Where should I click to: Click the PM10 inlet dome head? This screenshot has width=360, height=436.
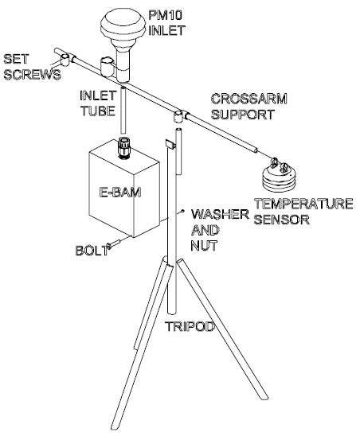[x=123, y=25]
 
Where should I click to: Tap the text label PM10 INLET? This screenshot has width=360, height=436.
[x=166, y=23]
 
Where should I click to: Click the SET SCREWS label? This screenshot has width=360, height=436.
[x=32, y=67]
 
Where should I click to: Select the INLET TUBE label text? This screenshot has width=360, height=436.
[x=98, y=103]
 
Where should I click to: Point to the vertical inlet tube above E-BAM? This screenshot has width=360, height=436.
[x=123, y=111]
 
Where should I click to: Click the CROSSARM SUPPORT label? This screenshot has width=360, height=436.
[x=248, y=107]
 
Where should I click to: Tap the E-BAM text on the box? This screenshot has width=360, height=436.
[x=120, y=192]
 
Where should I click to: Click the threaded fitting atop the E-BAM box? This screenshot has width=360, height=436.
[x=123, y=147]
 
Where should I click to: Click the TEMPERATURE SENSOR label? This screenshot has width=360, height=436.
[x=303, y=212]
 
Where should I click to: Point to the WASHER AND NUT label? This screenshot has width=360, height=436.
[x=220, y=230]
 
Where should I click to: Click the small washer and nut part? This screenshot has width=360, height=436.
[x=182, y=211]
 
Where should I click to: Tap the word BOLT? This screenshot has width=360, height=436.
[x=92, y=251]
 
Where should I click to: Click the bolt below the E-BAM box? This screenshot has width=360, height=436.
[x=114, y=243]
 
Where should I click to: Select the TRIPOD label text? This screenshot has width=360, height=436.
[x=190, y=326]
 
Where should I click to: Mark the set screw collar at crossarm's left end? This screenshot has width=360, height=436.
[x=66, y=59]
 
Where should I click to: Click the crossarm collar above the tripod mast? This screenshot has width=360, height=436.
[x=179, y=116]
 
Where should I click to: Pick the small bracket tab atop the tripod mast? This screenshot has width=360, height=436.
[x=170, y=145]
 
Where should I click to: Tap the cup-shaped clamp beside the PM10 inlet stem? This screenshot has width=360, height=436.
[x=107, y=67]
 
